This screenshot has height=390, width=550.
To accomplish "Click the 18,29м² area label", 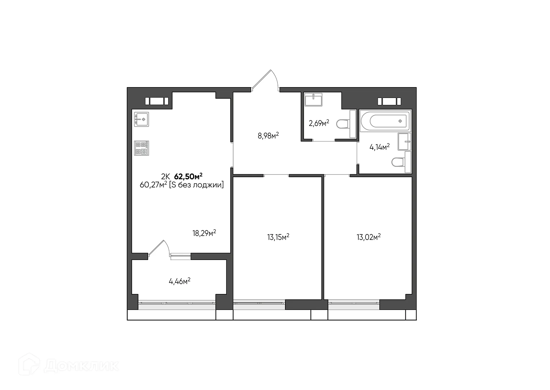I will pos(204,233).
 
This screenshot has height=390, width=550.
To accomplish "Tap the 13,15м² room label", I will pos(278,237).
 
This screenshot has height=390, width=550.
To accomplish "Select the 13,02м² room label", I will pos(368,237).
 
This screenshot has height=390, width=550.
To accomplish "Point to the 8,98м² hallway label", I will pos(268,136).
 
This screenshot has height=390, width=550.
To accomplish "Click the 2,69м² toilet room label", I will pos(319,123).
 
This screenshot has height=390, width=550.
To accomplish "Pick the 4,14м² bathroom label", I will pos(379,147).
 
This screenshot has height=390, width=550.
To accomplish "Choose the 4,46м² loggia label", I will pos(180,281).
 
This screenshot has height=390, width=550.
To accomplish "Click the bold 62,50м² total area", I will pos(188,176).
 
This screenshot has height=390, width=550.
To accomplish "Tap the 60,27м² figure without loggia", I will pos(153,185).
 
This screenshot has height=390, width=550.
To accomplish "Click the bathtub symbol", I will pos(385,121).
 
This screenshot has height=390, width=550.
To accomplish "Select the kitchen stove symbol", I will pos(142,148).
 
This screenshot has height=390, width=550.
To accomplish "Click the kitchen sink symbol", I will pos(142,119).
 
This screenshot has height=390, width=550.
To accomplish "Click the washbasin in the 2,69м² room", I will pos(313,99).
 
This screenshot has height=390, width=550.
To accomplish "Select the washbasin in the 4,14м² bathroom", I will pos(404,142).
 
